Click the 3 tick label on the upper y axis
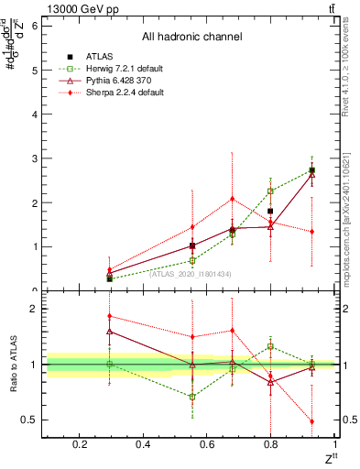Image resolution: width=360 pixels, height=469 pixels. pyautogui.click(x=35, y=158)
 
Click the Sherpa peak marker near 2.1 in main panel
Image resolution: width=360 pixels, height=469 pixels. pyautogui.click(x=233, y=199)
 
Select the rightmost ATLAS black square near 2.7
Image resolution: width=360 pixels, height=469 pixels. pyautogui.click(x=312, y=170)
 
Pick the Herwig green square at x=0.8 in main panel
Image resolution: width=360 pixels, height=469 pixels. pyautogui.click(x=270, y=191)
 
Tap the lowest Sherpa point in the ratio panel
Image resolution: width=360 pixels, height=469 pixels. pyautogui.click(x=312, y=421)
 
